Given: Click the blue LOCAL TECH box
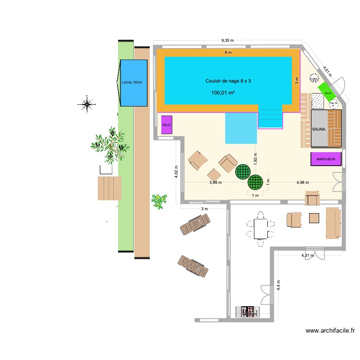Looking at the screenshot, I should [133, 83].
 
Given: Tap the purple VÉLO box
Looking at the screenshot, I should [167, 124].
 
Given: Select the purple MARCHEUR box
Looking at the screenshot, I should [326, 159].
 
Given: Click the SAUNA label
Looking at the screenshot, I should [319, 130].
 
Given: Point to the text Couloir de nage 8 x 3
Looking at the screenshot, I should [228, 81].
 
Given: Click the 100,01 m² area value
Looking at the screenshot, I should [223, 93].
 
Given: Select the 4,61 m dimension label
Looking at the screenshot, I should [326, 71].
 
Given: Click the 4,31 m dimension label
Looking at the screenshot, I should [308, 255].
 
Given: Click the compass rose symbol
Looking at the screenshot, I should [87, 103].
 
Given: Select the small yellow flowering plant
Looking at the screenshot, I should [158, 201].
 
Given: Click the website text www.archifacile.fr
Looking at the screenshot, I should [330, 331].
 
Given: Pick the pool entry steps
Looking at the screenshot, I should [270, 117].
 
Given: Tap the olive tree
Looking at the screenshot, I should [110, 144].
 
